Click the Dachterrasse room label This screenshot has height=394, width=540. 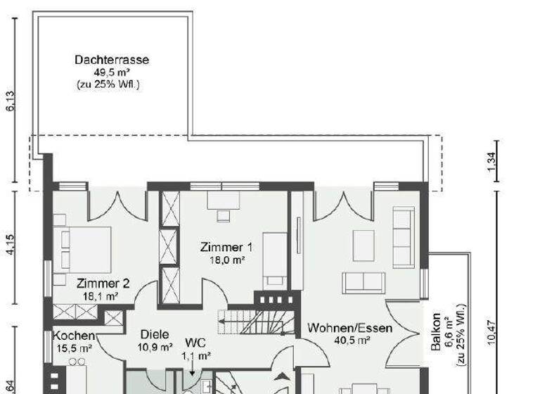click(112, 60)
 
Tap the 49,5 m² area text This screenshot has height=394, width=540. click(111, 72)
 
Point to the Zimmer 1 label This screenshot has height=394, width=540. click(226, 247)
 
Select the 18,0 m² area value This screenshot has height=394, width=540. click(226, 260)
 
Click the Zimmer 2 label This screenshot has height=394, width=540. click(103, 284)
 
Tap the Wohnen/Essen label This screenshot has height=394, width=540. click(350, 328)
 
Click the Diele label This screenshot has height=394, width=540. click(155, 335)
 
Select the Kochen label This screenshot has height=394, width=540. click(74, 336)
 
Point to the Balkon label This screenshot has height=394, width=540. click(437, 332)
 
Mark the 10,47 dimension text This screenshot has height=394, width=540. click(492, 331)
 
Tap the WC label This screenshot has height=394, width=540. click(195, 343)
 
